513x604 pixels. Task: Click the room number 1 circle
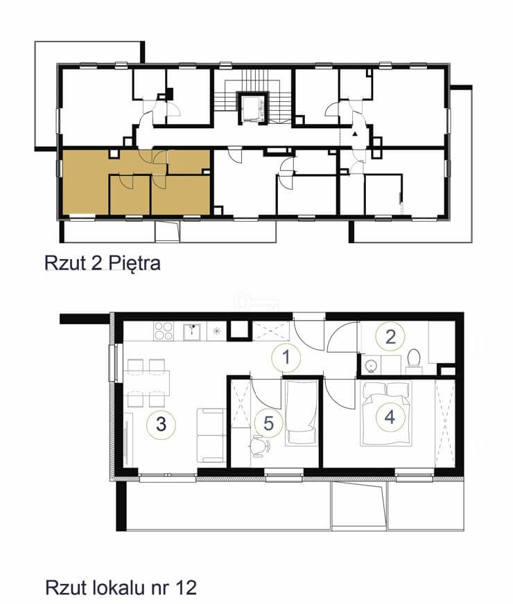tap(286, 358)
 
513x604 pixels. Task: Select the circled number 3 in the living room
tap(161, 424)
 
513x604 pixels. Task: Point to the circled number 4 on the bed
tap(390, 417)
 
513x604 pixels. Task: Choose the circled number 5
tap(269, 423)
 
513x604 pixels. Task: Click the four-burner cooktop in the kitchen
tap(164, 331)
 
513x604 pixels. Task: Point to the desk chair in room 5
tap(260, 446)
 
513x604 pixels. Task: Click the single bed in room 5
tap(302, 413)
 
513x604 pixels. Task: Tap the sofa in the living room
tap(211, 435)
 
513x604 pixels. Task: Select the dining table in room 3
tap(147, 383)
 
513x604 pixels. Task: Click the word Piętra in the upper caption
tap(134, 264)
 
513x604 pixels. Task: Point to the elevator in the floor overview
tap(252, 109)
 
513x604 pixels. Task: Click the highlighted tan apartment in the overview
tap(136, 182)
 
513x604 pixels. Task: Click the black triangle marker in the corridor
tap(355, 134)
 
